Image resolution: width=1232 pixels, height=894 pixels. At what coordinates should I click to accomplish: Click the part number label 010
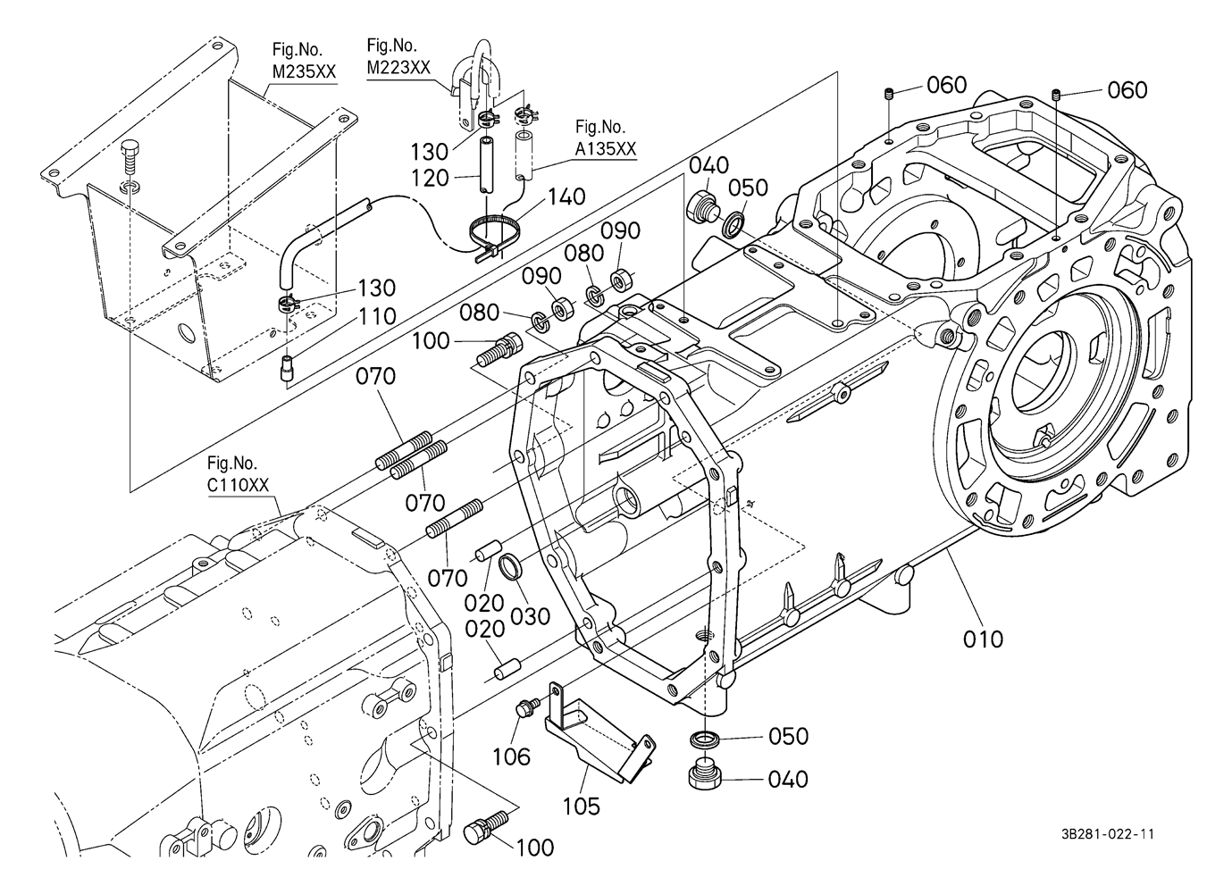point(983,639)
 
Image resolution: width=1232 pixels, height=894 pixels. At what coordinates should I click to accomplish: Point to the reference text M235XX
point(303,71)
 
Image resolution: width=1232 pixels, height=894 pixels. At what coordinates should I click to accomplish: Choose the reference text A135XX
point(605,149)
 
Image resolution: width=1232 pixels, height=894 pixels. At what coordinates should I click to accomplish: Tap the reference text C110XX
point(237,484)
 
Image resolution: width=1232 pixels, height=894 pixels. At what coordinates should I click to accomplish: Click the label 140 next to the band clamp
point(566,196)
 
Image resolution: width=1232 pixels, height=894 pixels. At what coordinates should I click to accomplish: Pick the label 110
point(377,315)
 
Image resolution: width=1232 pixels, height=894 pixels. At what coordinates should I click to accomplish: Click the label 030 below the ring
point(532,615)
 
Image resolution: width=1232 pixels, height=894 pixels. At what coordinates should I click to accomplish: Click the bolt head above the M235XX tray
point(131,154)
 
